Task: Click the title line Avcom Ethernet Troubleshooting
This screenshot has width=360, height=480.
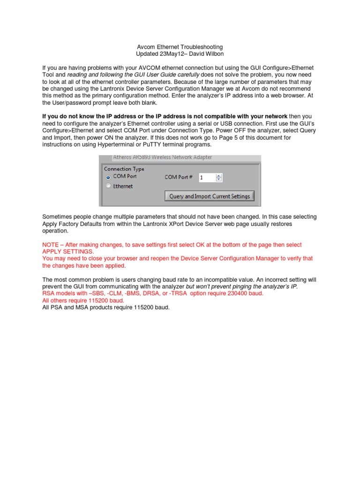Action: pyautogui.click(x=180, y=47)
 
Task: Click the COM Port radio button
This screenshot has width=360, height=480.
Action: pyautogui.click(x=108, y=177)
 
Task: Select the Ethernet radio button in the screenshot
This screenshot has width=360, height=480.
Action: pyautogui.click(x=108, y=186)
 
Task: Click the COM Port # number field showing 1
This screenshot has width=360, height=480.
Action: pyautogui.click(x=206, y=177)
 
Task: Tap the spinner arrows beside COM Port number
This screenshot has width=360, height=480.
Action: pyautogui.click(x=219, y=177)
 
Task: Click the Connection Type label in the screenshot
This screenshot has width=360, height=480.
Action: pyautogui.click(x=124, y=169)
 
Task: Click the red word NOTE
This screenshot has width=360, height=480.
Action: pyautogui.click(x=51, y=245)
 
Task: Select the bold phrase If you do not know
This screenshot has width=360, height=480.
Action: pyautogui.click(x=72, y=116)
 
